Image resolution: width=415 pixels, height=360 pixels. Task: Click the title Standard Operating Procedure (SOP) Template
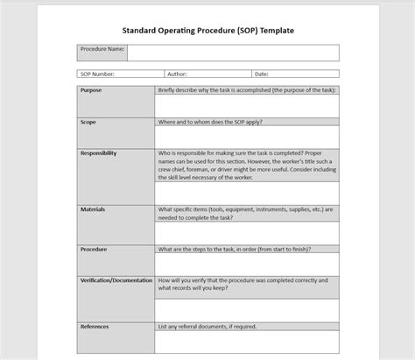[207, 30]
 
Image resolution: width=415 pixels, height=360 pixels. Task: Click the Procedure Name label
[102, 50]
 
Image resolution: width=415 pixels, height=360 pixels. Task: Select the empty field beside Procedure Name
[233, 53]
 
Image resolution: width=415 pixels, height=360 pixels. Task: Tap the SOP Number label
[97, 74]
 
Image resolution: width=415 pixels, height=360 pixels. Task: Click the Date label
[262, 74]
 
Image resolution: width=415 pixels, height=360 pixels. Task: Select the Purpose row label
[91, 89]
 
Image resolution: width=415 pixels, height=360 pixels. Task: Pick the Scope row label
[88, 122]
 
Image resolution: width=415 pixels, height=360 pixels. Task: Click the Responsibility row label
[98, 153]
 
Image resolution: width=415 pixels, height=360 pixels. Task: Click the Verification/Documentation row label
[115, 280]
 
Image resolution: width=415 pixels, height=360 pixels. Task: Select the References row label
[95, 327]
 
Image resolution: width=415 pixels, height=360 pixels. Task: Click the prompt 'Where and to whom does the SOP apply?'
[210, 122]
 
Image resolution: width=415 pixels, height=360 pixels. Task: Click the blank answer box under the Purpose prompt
[247, 106]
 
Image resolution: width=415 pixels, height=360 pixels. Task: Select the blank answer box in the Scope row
[247, 138]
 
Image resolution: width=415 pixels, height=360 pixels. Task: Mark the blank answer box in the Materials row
[247, 232]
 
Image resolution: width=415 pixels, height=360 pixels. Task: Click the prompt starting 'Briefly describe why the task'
[247, 89]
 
